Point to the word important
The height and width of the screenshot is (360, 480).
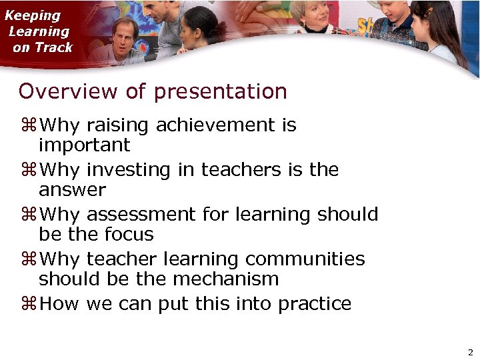[x=84, y=145]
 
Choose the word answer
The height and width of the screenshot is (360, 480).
[x=72, y=190]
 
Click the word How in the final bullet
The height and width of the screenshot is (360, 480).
[x=59, y=304]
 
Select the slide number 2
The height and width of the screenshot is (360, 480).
[x=470, y=351]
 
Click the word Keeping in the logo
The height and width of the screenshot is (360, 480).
[x=33, y=15]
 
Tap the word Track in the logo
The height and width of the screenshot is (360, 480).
[x=53, y=47]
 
